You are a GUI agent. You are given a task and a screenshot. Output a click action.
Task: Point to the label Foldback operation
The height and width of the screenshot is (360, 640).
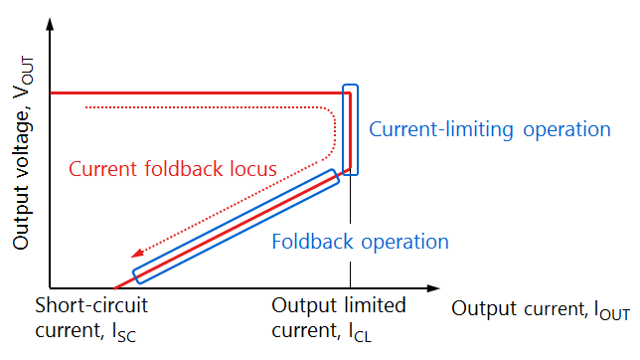[361, 242]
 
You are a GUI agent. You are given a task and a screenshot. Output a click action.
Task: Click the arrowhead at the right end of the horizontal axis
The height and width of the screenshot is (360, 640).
[433, 288]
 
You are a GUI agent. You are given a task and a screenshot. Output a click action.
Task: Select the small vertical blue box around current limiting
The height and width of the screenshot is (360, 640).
[349, 129]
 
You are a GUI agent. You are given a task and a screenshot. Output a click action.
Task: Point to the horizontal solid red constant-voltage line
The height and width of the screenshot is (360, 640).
[199, 92]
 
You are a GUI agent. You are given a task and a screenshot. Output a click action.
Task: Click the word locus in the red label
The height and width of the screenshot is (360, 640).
[254, 168]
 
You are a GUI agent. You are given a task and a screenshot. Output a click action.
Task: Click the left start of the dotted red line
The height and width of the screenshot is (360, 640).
[87, 106]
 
